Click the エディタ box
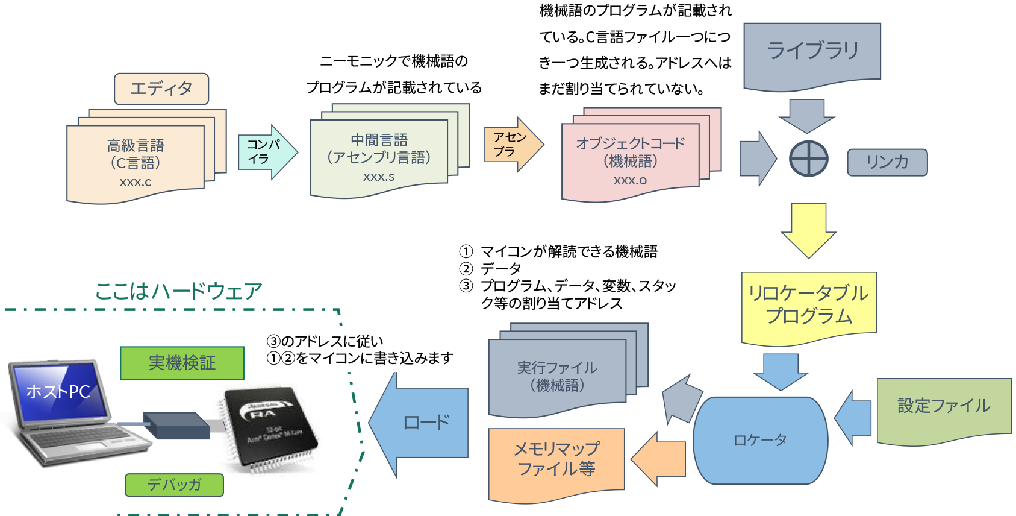click(161, 89)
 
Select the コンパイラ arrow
click(267, 153)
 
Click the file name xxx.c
click(135, 182)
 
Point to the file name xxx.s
click(379, 177)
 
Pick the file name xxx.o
click(630, 180)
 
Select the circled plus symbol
click(808, 159)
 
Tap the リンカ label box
click(887, 163)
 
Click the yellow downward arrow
click(808, 230)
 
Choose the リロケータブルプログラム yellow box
click(809, 306)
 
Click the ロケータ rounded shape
click(760, 441)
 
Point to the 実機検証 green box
click(182, 363)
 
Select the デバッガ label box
click(174, 485)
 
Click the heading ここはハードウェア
click(179, 291)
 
